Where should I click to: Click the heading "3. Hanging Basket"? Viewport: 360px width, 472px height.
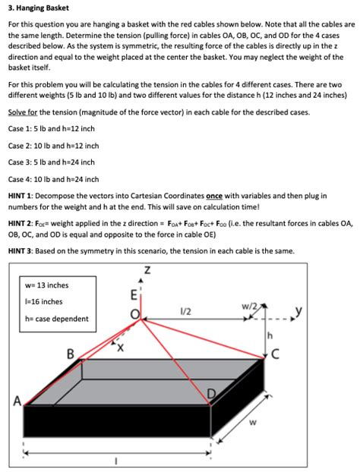(x=39, y=8)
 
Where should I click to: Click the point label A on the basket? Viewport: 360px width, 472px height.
(x=17, y=401)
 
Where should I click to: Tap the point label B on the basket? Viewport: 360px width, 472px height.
(x=70, y=354)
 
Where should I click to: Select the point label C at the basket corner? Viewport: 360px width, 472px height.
(x=276, y=354)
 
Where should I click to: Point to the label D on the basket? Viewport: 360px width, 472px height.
(x=212, y=394)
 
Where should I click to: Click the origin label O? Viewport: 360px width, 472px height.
(x=135, y=314)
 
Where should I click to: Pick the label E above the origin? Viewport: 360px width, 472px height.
(x=134, y=295)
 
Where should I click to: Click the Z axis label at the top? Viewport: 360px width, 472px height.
(x=147, y=269)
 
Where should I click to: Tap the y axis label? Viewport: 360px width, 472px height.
(x=298, y=311)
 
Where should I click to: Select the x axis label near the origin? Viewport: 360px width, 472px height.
(x=120, y=348)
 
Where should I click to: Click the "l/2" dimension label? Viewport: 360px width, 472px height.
(x=185, y=312)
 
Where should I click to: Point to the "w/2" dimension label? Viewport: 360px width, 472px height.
(x=250, y=307)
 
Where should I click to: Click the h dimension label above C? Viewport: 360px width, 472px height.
(x=270, y=335)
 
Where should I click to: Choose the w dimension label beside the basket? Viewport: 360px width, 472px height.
(x=253, y=423)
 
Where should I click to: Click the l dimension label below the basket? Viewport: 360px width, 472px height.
(x=116, y=461)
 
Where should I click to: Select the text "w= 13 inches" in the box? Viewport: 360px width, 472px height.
(x=46, y=285)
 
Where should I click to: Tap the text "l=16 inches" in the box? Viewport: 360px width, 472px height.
(x=44, y=301)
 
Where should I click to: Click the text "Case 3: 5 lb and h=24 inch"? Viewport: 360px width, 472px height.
(x=52, y=162)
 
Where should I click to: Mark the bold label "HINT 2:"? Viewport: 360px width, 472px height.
(x=21, y=224)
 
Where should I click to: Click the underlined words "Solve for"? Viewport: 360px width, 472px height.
(x=23, y=112)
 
